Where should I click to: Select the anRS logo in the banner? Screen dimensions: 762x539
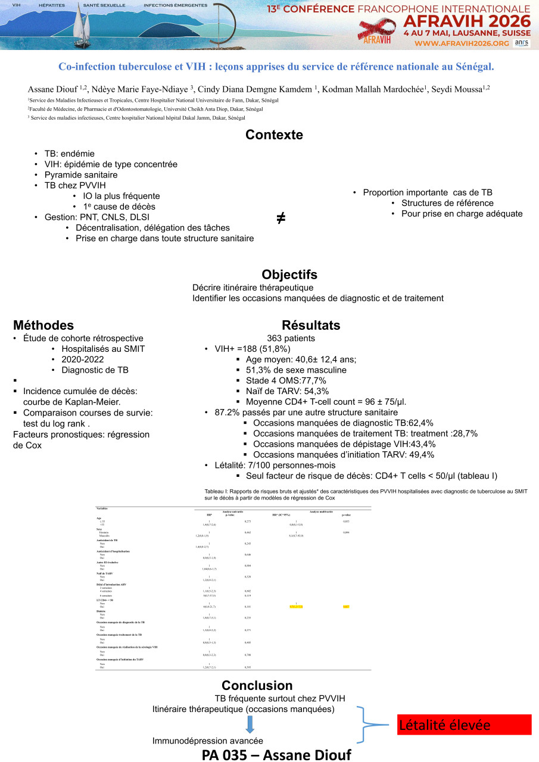click(521, 43)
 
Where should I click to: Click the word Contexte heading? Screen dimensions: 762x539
click(274, 135)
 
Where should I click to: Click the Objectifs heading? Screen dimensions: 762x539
click(289, 274)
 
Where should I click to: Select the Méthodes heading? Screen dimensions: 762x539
click(43, 326)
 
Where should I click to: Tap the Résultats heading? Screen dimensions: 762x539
click(311, 326)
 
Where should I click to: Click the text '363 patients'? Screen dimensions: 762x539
click(291, 338)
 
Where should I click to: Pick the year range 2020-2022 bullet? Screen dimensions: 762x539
click(82, 360)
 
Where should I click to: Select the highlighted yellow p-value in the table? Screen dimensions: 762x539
click(346, 606)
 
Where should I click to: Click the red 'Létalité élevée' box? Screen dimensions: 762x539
click(464, 725)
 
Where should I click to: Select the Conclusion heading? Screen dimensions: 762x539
click(257, 685)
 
